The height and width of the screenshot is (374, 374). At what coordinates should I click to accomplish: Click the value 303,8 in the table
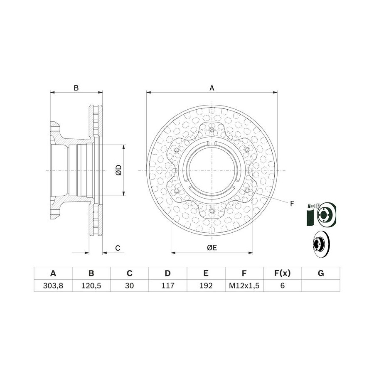coord(53,285)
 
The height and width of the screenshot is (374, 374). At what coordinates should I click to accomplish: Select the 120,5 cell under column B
coord(91,285)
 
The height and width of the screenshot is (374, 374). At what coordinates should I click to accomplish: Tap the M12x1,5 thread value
coord(244,285)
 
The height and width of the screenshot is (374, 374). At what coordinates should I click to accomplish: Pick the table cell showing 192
coord(206,285)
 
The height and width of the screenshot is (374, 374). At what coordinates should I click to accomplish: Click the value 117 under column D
coord(168,285)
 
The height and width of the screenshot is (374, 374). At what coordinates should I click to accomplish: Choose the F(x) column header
coord(283,273)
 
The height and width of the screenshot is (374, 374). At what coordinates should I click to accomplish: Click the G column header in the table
coord(321,273)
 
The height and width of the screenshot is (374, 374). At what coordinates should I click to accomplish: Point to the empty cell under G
coord(321,285)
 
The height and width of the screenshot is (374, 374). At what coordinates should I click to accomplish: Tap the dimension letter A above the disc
coord(212,88)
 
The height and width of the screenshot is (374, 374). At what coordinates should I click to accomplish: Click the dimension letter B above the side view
coord(76,88)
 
